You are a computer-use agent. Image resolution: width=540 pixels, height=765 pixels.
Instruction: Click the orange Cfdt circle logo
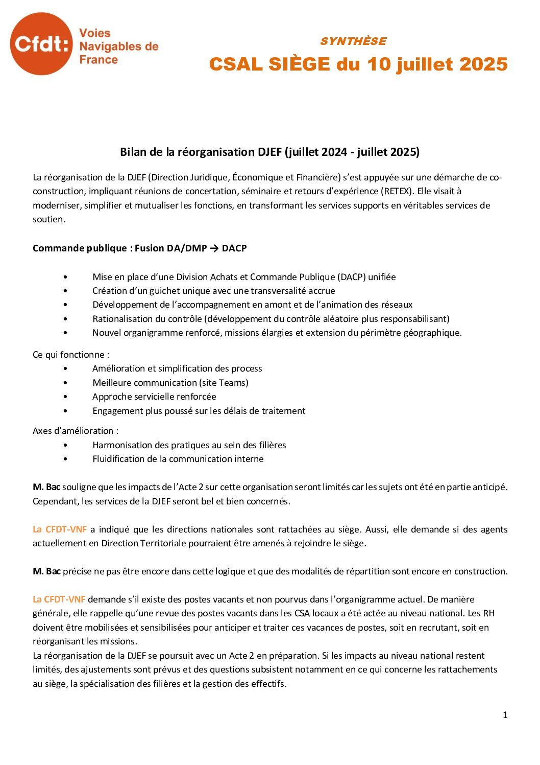(41, 44)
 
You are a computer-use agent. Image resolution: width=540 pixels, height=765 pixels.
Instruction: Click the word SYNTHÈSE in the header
(353, 41)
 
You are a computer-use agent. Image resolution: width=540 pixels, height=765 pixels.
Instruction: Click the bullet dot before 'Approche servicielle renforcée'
(65, 397)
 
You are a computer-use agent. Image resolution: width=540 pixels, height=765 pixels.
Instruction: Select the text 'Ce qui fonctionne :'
(71, 355)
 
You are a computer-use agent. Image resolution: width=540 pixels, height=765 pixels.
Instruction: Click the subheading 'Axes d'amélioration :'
(76, 431)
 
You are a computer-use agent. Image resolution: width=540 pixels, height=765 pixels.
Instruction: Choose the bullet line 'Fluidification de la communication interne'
(178, 459)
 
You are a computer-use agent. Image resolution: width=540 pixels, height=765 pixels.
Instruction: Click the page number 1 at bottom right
(505, 715)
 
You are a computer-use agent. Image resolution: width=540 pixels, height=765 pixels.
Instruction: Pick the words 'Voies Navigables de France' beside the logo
(118, 47)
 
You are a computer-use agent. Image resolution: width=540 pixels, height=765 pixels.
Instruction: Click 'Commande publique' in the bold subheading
(79, 248)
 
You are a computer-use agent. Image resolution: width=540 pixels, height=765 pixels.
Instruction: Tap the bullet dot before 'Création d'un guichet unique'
(65, 291)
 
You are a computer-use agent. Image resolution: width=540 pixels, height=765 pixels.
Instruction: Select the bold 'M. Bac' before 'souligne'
(46, 487)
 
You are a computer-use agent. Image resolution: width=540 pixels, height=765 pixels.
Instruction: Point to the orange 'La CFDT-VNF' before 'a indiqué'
(59, 529)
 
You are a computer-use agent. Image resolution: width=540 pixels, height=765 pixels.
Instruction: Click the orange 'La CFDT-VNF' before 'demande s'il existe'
(59, 599)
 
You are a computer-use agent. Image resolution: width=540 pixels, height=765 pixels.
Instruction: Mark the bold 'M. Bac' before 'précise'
(46, 571)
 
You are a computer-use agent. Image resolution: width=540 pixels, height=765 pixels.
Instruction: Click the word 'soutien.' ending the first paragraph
(49, 220)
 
